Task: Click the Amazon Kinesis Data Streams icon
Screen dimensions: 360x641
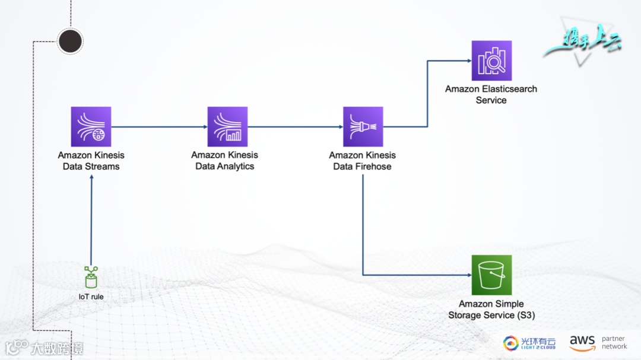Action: click(91, 126)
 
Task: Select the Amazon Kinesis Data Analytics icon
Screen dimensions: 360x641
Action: click(227, 126)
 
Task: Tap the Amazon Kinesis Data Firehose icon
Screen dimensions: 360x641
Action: click(363, 126)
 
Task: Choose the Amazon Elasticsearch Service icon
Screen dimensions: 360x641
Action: click(491, 60)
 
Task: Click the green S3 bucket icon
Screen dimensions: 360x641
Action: click(491, 275)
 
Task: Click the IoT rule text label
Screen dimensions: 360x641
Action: click(91, 297)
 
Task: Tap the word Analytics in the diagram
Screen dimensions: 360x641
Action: click(236, 167)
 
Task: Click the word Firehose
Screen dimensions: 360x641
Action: click(374, 167)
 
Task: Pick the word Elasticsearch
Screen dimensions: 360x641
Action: click(509, 89)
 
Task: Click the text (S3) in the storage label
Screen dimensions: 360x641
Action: click(523, 315)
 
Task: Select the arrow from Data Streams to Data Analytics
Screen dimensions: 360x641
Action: click(159, 126)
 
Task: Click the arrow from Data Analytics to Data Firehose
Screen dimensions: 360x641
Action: click(295, 126)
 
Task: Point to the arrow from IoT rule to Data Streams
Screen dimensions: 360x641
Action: click(91, 219)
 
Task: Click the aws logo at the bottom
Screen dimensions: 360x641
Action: click(582, 343)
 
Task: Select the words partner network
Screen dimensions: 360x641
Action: click(614, 343)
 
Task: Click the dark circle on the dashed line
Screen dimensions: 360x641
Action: click(70, 40)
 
